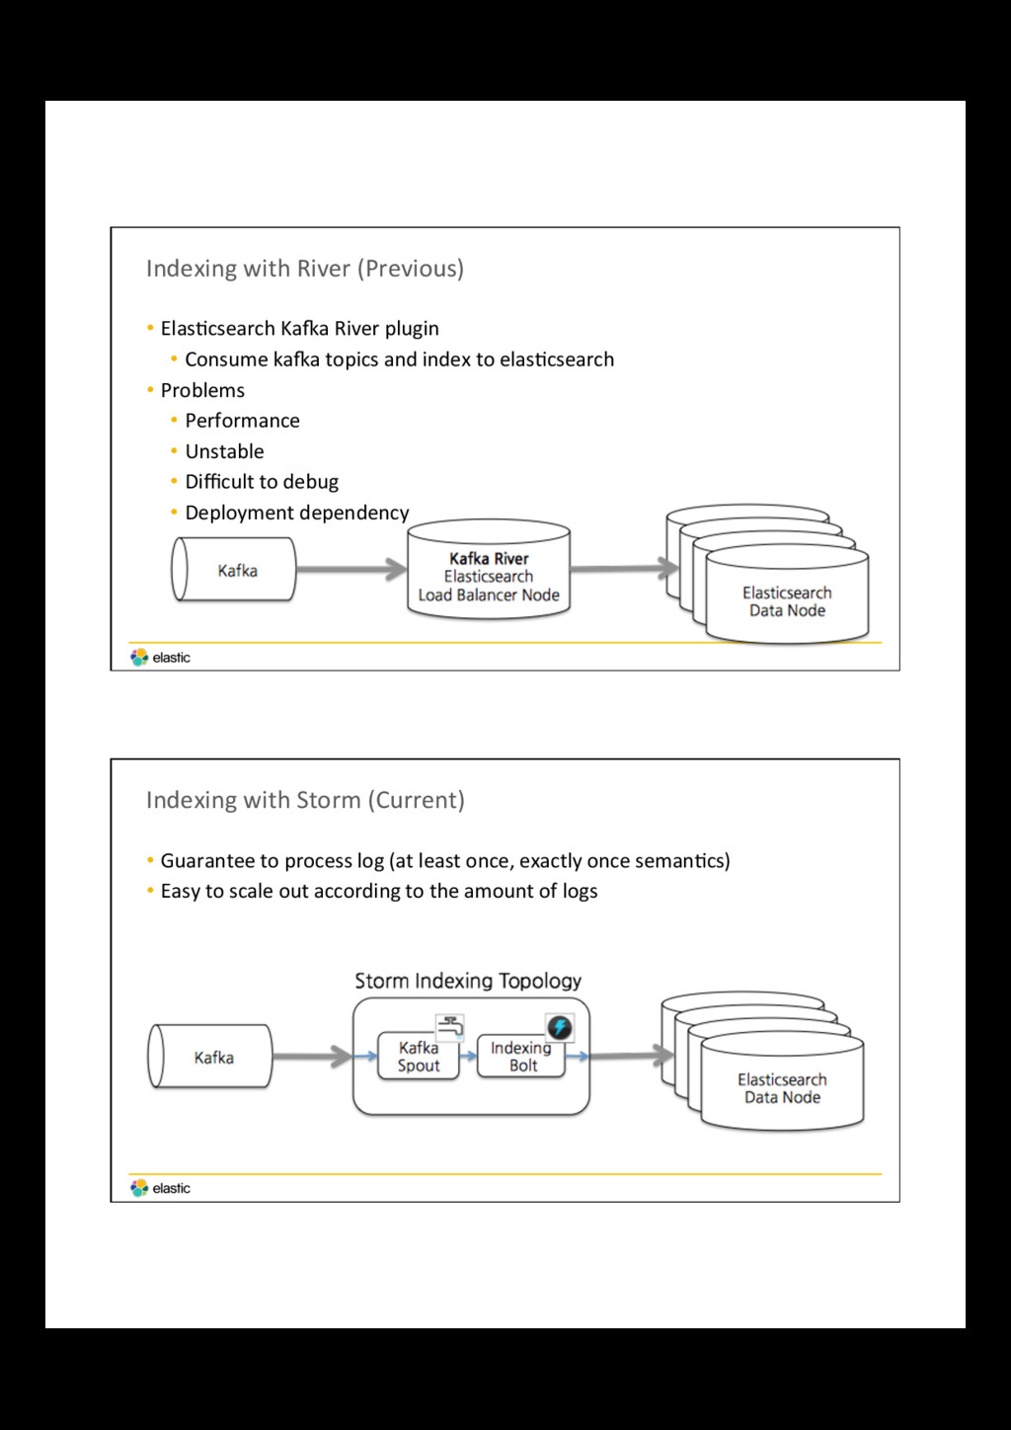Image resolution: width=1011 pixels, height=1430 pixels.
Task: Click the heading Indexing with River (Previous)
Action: pos(305,269)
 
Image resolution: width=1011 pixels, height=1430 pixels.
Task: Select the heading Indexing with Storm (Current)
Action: pos(305,800)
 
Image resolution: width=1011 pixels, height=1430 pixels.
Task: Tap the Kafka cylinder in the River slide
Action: pos(234,569)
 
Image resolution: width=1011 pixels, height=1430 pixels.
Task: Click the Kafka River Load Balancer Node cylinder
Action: pos(489,570)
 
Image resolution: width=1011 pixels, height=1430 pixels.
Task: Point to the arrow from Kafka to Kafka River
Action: pos(351,569)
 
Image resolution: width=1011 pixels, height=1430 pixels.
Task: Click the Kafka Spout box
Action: pos(418,1056)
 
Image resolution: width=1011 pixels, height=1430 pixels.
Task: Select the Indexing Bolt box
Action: pos(521,1056)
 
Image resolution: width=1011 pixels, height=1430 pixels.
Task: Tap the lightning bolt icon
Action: pos(560,1027)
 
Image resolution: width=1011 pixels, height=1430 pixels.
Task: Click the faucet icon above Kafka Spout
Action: pos(450,1026)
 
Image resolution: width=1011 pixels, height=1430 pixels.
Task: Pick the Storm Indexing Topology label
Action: pos(468,981)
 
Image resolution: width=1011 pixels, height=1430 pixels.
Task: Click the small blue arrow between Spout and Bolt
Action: pos(469,1056)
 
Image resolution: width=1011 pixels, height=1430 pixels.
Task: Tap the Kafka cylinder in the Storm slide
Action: pos(210,1056)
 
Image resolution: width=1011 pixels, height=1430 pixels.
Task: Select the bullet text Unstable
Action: pos(225,451)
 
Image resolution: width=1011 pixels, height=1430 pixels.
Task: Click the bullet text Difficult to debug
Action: pos(262,482)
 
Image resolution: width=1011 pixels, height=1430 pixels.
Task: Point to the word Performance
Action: pos(243,421)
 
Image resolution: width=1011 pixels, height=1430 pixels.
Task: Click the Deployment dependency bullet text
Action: pos(297,513)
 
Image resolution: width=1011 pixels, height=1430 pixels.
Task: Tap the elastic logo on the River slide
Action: pos(160,657)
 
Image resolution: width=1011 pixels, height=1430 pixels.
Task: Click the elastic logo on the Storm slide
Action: pos(160,1188)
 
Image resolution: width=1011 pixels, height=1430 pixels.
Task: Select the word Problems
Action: pos(202,390)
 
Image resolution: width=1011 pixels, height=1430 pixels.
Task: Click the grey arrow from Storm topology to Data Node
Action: pos(631,1055)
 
